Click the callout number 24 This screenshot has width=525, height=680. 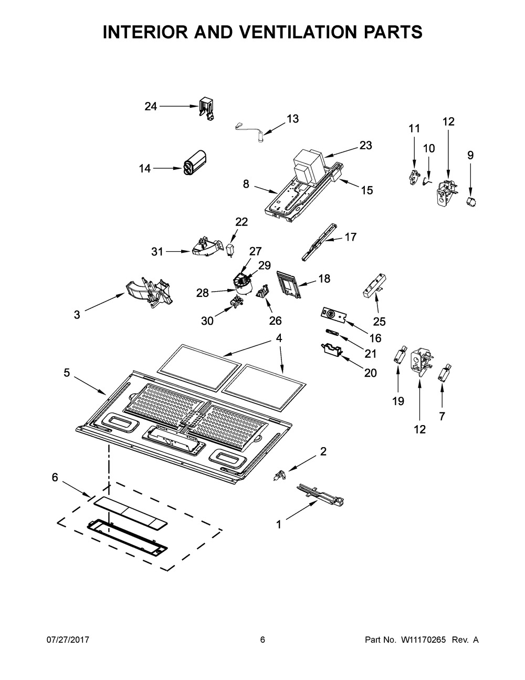pyautogui.click(x=151, y=107)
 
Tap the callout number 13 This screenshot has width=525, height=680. pyautogui.click(x=292, y=119)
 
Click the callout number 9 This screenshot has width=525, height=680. pyautogui.click(x=470, y=155)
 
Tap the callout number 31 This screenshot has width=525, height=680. pyautogui.click(x=157, y=252)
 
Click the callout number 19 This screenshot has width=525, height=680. pyautogui.click(x=398, y=401)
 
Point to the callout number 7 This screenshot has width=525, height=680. pyautogui.click(x=442, y=416)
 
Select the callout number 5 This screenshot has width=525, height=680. pyautogui.click(x=67, y=373)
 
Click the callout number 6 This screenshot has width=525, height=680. pyautogui.click(x=55, y=477)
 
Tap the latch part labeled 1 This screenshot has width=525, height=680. pyautogui.click(x=320, y=494)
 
